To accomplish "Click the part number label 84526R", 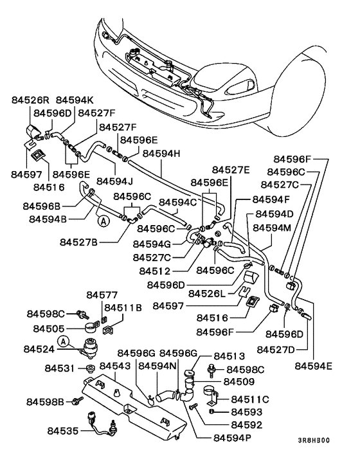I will pyautogui.click(x=31, y=100).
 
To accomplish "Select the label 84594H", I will pyautogui.click(x=161, y=154).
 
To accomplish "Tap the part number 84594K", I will pyautogui.click(x=75, y=100).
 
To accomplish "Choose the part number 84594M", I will pyautogui.click(x=274, y=228).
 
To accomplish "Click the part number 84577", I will pyautogui.click(x=102, y=295).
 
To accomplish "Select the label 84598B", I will pyautogui.click(x=45, y=402).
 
